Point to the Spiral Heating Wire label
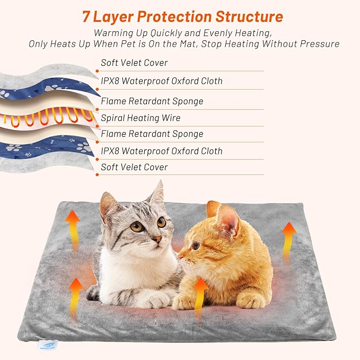coord(141,118)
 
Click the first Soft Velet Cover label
coord(134,63)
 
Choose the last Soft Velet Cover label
coord(134,167)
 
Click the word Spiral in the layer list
coord(112,118)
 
